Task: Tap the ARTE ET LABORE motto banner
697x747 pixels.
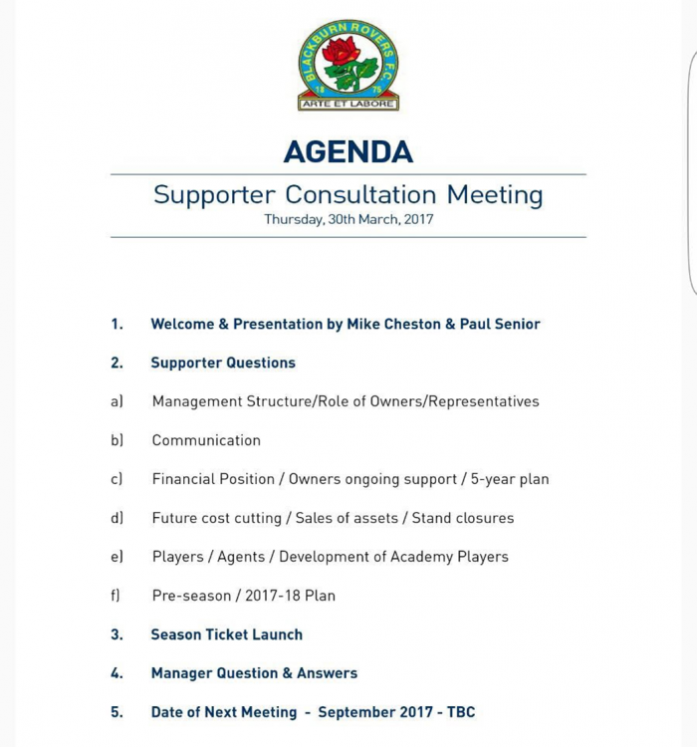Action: [x=348, y=103]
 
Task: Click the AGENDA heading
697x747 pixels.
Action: [x=348, y=151]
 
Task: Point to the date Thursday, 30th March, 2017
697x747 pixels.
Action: [x=348, y=219]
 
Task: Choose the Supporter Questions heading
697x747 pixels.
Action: [x=223, y=363]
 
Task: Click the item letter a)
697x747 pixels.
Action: [x=116, y=401]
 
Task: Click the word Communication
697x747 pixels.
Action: [x=206, y=440]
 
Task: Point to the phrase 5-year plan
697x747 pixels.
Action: [x=510, y=479]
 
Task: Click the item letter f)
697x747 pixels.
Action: [x=116, y=596]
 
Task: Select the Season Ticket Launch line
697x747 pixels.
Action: [x=226, y=634]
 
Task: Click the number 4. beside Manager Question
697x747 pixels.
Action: [x=116, y=673]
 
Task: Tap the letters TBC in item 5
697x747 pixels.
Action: [x=461, y=712]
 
